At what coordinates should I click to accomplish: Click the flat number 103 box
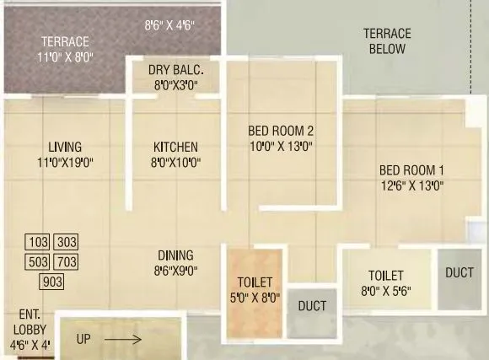(x=39, y=242)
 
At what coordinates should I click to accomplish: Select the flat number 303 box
(x=67, y=242)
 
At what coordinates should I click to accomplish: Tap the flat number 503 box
(x=39, y=261)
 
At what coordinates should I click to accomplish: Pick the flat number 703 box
(x=67, y=261)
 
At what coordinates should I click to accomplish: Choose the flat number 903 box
(x=52, y=282)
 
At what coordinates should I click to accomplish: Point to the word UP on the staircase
(x=83, y=340)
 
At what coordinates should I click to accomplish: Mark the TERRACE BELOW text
(x=387, y=41)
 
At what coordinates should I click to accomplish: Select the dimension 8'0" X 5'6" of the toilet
(x=385, y=292)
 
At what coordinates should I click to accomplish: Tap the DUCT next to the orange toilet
(x=312, y=306)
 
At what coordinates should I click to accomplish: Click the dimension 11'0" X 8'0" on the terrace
(x=65, y=57)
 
